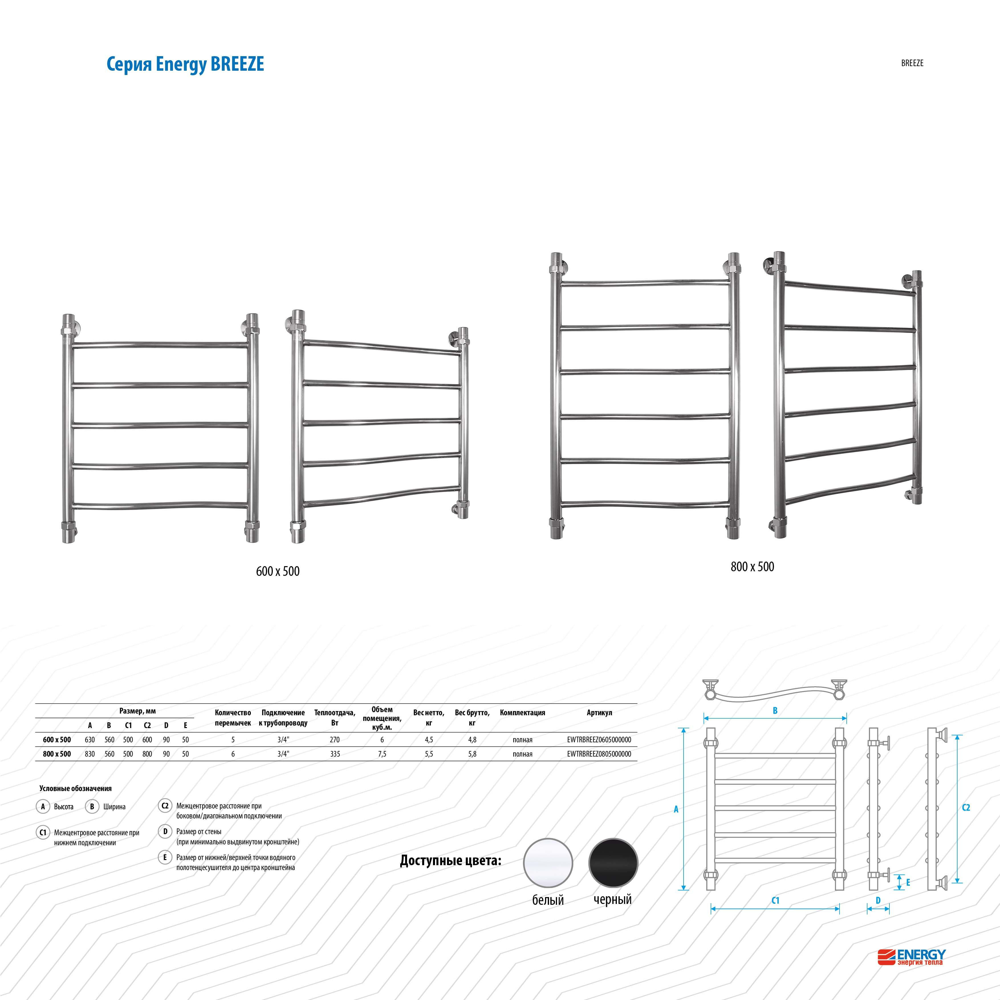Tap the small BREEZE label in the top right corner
pos(912,63)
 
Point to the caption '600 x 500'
pos(278,572)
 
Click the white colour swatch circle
pos(548,863)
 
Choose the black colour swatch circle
pos(613,863)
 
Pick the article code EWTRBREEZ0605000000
pos(599,740)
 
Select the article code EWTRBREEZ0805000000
pos(599,754)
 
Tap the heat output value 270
pos(335,740)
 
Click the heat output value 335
pos(335,754)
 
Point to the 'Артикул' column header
pos(599,713)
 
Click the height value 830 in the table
pos(90,754)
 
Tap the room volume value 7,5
pos(382,754)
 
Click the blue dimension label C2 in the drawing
pos(966,808)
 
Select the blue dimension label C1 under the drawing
pos(775,901)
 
